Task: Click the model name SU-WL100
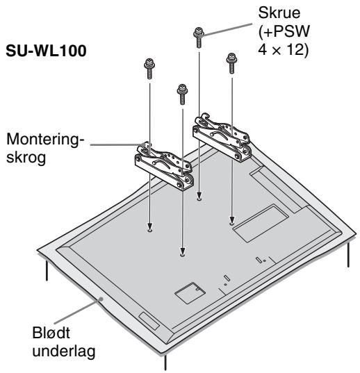click(x=46, y=51)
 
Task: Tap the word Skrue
click(x=279, y=13)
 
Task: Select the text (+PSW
click(x=284, y=31)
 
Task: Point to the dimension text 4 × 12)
click(x=283, y=50)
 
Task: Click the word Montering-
click(x=45, y=139)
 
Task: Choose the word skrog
click(x=26, y=158)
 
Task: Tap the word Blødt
click(x=51, y=333)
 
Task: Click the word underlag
click(x=64, y=351)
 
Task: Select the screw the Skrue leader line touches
click(x=199, y=38)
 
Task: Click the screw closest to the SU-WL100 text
click(x=149, y=69)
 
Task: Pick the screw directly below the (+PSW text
click(x=231, y=63)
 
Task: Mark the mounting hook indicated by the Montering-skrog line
click(x=164, y=166)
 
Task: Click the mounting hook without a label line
click(x=222, y=138)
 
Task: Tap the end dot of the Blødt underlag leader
click(x=101, y=299)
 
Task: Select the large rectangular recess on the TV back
click(x=261, y=224)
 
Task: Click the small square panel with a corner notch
click(x=190, y=293)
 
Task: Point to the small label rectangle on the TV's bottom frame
click(x=149, y=321)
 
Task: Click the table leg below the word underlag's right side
click(x=165, y=363)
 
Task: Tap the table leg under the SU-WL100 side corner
click(x=47, y=270)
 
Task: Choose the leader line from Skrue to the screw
click(x=227, y=29)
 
